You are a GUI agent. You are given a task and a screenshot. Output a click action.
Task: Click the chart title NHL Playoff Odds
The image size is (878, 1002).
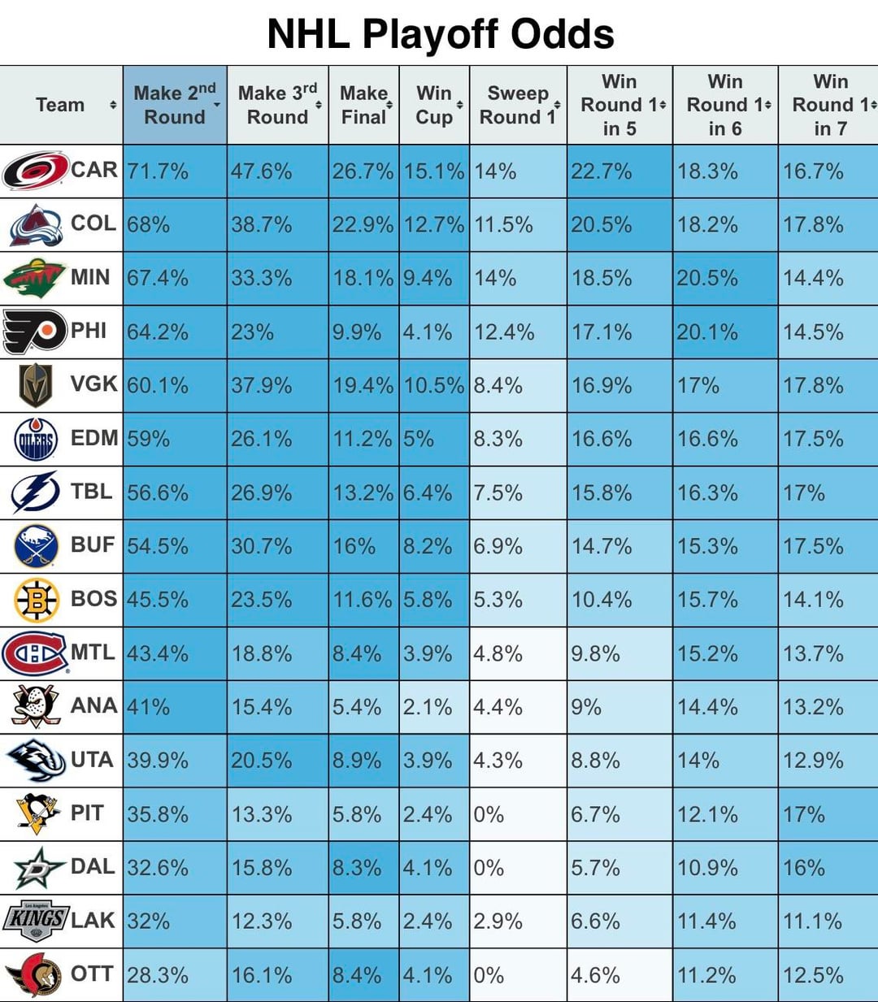click(440, 34)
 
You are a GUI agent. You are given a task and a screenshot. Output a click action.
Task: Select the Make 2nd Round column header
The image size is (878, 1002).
click(175, 105)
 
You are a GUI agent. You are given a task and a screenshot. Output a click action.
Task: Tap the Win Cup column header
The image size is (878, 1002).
click(434, 105)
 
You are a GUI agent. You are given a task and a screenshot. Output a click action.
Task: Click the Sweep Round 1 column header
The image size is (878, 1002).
click(517, 105)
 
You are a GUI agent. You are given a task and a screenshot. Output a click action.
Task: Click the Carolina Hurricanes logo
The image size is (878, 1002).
click(35, 171)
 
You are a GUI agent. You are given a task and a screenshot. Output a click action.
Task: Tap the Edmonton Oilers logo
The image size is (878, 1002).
click(36, 440)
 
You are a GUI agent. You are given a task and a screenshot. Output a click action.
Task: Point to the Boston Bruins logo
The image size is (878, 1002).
click(37, 600)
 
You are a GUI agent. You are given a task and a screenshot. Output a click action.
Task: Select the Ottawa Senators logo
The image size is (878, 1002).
click(35, 974)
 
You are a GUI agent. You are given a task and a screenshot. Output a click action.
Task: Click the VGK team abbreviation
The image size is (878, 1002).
click(93, 384)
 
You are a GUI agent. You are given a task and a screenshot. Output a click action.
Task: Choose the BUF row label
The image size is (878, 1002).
click(93, 544)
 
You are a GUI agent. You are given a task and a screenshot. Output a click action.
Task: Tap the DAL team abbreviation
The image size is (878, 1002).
click(93, 866)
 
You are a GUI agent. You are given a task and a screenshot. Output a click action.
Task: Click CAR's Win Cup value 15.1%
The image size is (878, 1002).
click(434, 171)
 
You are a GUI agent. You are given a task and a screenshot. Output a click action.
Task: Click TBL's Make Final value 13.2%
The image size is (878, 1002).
click(363, 492)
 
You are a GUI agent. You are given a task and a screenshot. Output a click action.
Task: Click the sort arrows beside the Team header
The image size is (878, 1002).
click(113, 105)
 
